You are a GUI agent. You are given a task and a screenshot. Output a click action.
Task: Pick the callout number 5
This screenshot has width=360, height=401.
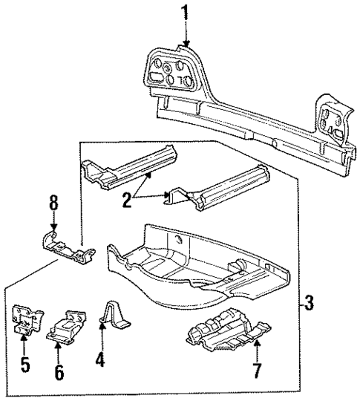24,365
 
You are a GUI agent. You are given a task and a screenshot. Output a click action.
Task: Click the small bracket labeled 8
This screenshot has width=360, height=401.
65,247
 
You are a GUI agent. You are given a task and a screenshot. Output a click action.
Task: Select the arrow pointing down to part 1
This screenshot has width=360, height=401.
186,34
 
